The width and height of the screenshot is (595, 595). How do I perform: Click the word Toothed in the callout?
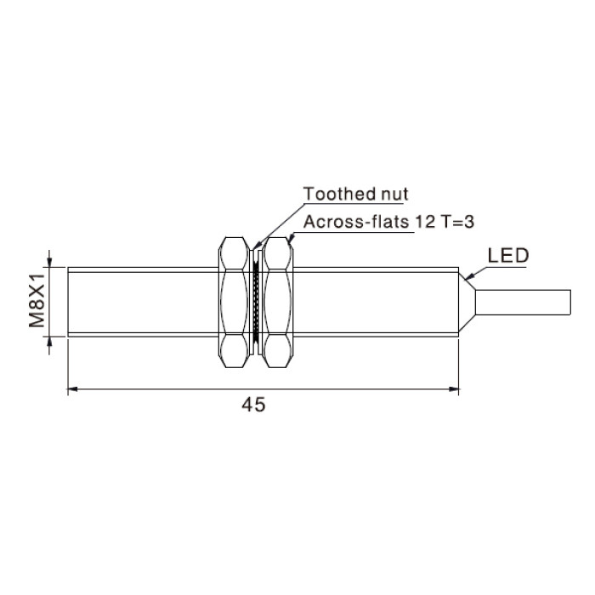(x=334, y=194)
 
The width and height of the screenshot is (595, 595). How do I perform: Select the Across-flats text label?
(x=356, y=222)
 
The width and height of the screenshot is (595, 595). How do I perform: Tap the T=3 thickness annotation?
(x=457, y=222)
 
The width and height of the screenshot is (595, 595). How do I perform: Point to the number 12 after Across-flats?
(x=425, y=222)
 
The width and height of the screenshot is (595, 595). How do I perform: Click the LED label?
(x=507, y=256)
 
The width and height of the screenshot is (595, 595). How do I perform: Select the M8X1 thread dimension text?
(x=37, y=301)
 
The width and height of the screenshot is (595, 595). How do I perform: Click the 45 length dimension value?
(x=253, y=405)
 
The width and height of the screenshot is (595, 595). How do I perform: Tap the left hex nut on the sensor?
(x=235, y=302)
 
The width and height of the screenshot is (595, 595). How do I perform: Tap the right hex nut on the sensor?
(x=278, y=302)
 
